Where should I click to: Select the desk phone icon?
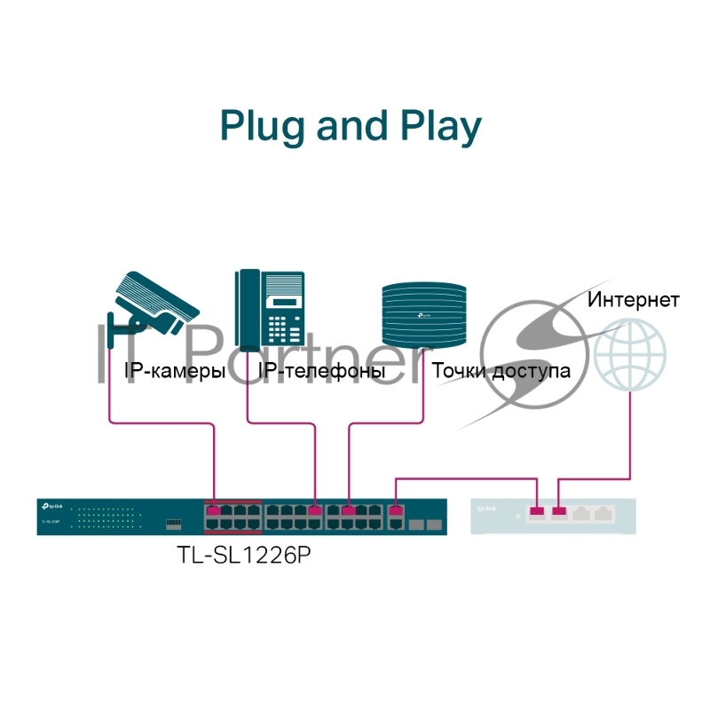pos(271,308)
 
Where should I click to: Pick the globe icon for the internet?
pos(631,355)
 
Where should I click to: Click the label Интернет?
pos(634,299)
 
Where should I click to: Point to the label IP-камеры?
pos(174,371)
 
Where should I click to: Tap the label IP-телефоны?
pos(321,371)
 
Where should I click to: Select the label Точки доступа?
pos(501,371)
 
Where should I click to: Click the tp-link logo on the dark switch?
pos(50,506)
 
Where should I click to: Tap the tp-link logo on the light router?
pos(486,509)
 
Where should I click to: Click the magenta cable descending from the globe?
pos(630,435)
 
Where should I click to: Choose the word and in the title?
pos(351,126)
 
